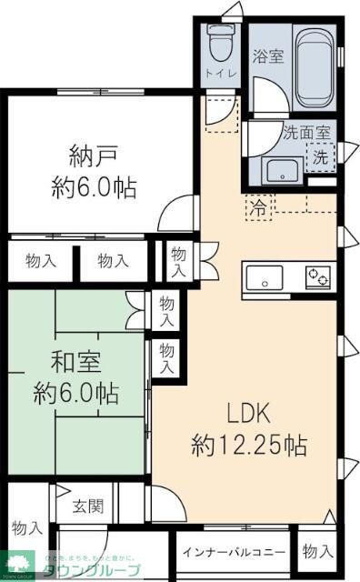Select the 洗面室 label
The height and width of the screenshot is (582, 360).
point(306,132)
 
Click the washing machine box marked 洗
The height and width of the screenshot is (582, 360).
point(320,156)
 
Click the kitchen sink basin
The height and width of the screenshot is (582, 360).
point(265,276)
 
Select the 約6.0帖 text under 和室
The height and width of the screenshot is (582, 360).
point(76,394)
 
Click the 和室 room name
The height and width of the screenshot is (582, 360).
point(76,363)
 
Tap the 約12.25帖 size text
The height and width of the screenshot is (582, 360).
point(248,446)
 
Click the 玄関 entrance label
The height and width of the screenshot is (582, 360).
point(88,506)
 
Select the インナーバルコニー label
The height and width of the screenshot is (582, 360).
point(234,552)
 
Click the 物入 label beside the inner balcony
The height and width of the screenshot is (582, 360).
point(317,551)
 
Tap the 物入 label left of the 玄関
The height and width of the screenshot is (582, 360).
point(27,527)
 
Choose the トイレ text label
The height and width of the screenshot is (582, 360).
point(217,73)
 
